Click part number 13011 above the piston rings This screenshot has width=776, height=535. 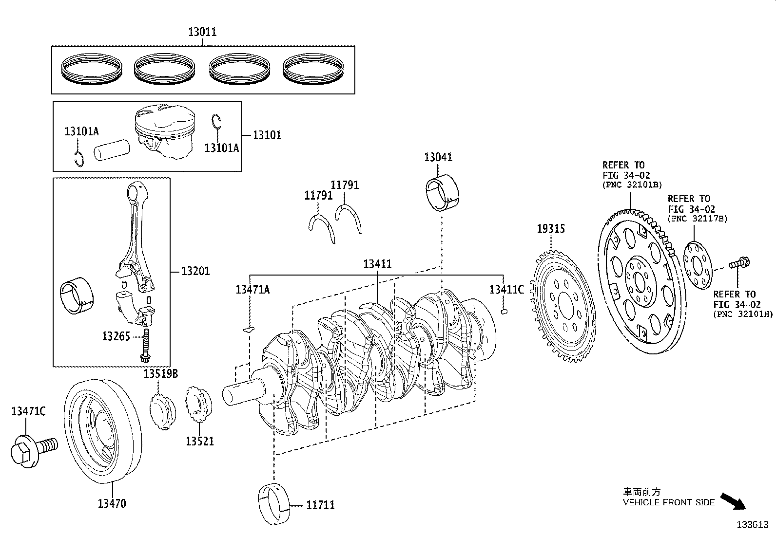point(203,32)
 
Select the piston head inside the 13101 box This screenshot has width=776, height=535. point(165,131)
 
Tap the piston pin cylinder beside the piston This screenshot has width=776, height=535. point(112,150)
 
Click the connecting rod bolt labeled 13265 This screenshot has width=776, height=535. point(146,346)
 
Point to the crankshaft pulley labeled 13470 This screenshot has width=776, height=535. point(103,431)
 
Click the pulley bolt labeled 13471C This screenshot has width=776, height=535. point(34,450)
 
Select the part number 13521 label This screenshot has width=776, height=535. point(200,441)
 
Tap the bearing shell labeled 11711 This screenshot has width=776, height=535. point(274,503)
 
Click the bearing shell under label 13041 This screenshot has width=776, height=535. point(443,192)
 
